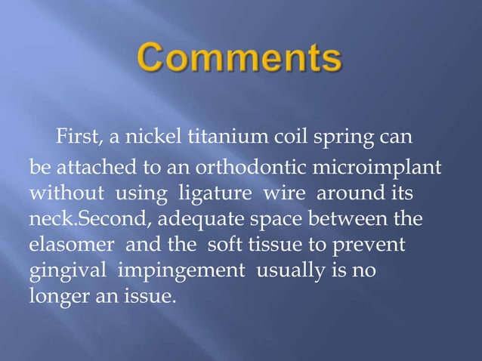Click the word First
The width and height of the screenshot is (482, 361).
tap(76, 138)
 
